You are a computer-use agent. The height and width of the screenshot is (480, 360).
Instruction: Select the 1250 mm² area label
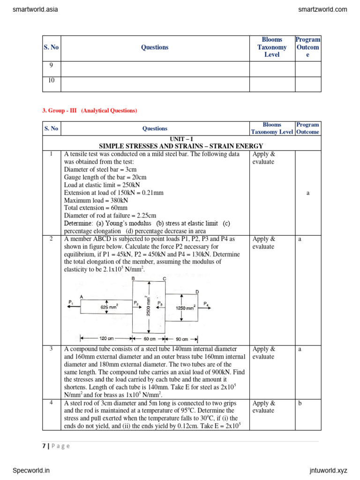[x=185, y=308]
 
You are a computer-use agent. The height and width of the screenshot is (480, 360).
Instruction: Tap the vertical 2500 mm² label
[x=148, y=306]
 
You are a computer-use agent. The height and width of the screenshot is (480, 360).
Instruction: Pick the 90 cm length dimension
[x=181, y=339]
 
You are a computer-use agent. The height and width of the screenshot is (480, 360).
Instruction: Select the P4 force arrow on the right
[x=206, y=306]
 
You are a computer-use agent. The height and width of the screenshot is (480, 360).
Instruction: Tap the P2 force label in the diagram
[x=136, y=303]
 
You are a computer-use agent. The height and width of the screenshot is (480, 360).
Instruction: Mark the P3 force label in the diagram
[x=160, y=303]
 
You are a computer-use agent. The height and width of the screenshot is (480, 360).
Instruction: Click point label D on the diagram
[x=197, y=292]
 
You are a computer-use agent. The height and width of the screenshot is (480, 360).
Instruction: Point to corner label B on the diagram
[x=133, y=278]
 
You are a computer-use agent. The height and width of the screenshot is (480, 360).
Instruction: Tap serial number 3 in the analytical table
[x=51, y=349]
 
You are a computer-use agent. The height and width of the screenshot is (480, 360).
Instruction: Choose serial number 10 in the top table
[x=51, y=80]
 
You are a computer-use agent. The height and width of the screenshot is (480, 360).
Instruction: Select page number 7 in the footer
[x=44, y=446]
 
